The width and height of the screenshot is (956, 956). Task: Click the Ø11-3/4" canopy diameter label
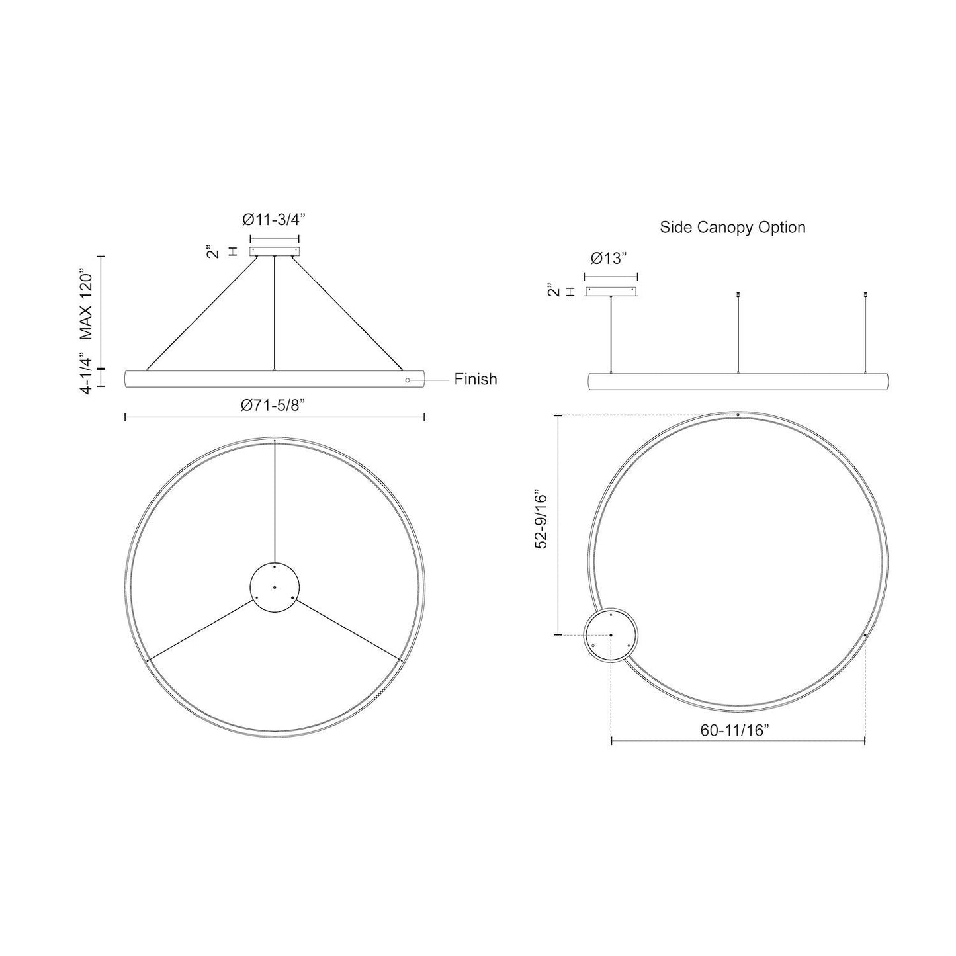274,220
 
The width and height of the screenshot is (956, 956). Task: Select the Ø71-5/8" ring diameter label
274,404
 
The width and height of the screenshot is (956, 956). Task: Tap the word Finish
475,380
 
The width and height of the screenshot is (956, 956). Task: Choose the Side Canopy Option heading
732,228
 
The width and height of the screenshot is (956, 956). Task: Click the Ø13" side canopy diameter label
610,259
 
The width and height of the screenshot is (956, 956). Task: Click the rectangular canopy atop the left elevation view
275,251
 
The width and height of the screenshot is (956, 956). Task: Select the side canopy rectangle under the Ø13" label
611,292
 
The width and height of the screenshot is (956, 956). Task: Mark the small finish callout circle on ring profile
408,380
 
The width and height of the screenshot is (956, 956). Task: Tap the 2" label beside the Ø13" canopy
554,291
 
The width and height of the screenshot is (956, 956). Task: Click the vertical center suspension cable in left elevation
275,311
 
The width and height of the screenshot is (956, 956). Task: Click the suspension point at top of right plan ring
738,415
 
